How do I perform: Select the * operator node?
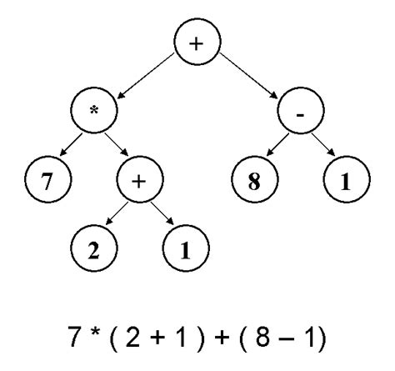94,112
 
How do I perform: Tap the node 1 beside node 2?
188,248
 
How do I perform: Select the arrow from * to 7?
65,146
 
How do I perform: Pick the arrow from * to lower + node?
117,146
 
